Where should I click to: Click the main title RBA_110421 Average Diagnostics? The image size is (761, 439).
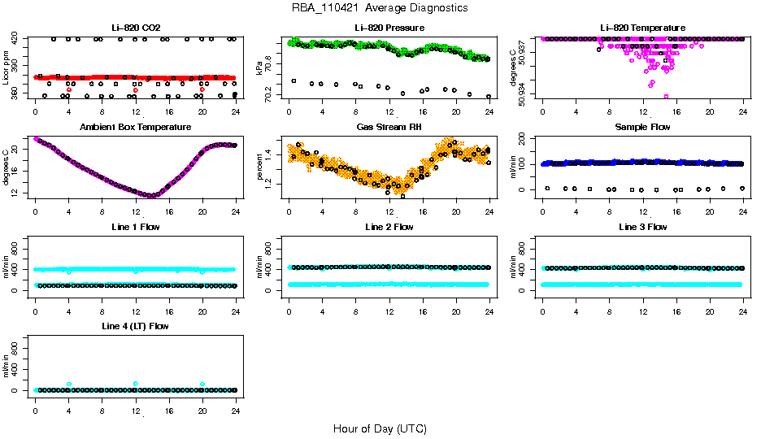click(x=380, y=8)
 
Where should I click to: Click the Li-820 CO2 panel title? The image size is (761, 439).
click(x=135, y=28)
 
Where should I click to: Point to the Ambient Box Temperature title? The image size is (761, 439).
click(x=135, y=128)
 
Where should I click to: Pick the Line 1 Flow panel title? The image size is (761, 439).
click(x=135, y=227)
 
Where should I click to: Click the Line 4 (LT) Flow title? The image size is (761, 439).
click(x=135, y=326)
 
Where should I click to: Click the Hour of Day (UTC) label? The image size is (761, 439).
click(x=380, y=428)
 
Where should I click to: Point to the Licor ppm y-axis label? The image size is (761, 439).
click(x=7, y=68)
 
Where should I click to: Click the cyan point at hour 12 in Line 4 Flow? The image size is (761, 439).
click(x=136, y=384)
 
